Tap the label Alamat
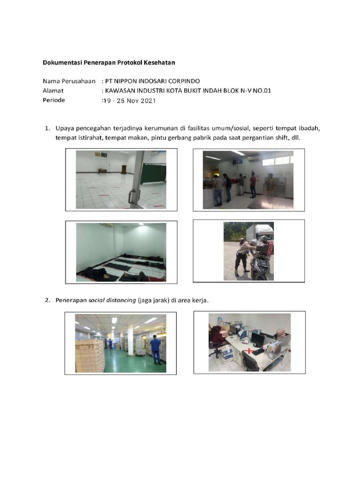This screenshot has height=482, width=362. point(53,90)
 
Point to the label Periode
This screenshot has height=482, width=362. point(54,100)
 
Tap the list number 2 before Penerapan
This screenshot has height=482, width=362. point(47,300)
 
